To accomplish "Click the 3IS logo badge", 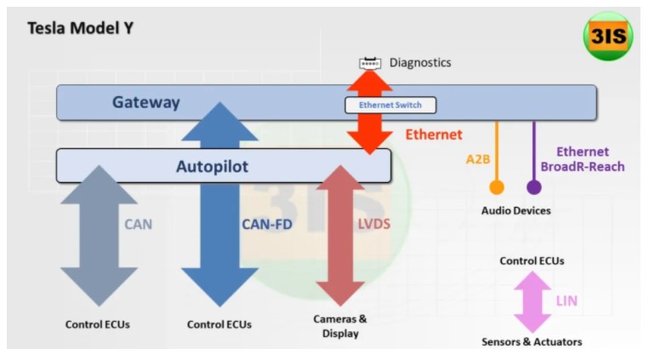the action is coord(607,36).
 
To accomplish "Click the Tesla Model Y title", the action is coord(81,28).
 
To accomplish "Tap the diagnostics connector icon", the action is coord(370,63).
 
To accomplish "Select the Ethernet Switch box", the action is coord(390,106).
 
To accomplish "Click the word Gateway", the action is coord(146,102).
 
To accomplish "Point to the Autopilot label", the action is coord(213,166).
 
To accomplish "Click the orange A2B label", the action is coord(478,159).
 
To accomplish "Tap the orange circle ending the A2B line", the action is coord(497,187).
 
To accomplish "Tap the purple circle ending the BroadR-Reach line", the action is coord(534,187).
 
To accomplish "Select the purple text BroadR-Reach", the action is coord(583,167).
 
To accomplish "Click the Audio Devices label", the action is coord(515,210).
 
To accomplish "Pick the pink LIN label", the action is coord(566,300).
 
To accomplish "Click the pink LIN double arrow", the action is coord(532,302).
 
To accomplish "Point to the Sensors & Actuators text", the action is coord(532,342).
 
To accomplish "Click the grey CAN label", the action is coord(139,224).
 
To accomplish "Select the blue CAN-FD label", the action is coord(267,224).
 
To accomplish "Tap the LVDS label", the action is coord(374,224).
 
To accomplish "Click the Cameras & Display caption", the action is coord(340,326).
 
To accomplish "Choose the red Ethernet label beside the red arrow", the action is coord(434,134).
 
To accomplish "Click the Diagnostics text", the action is coord(420,63).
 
